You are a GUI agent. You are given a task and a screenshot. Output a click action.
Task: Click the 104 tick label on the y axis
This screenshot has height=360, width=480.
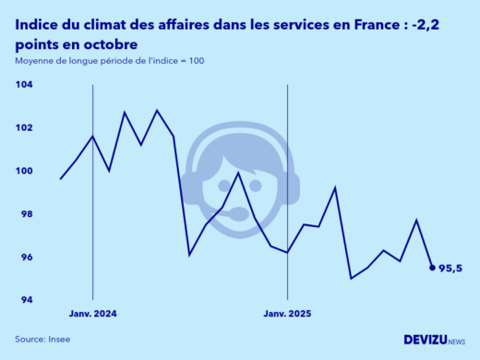24,84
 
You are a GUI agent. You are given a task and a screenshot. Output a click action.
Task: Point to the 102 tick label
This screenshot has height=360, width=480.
24,127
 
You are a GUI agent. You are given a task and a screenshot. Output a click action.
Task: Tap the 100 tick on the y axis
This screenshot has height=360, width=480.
24,171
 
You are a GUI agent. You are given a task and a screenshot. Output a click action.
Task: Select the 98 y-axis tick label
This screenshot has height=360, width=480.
25,214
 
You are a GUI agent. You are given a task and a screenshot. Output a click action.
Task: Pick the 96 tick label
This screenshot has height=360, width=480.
25,258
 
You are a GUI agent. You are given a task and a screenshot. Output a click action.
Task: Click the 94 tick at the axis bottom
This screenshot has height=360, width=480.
25,300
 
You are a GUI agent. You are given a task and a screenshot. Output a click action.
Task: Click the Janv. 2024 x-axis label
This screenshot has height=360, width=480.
93,314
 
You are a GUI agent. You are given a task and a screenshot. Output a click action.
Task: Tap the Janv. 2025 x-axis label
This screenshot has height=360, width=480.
288,314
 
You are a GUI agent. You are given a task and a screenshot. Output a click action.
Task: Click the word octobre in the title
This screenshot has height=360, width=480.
114,44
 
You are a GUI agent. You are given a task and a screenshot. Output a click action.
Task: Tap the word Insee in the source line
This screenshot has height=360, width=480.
58,339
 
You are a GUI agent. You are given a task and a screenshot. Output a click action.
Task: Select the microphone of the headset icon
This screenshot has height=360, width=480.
238,215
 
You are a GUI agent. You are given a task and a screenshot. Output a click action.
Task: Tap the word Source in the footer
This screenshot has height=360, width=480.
29,339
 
